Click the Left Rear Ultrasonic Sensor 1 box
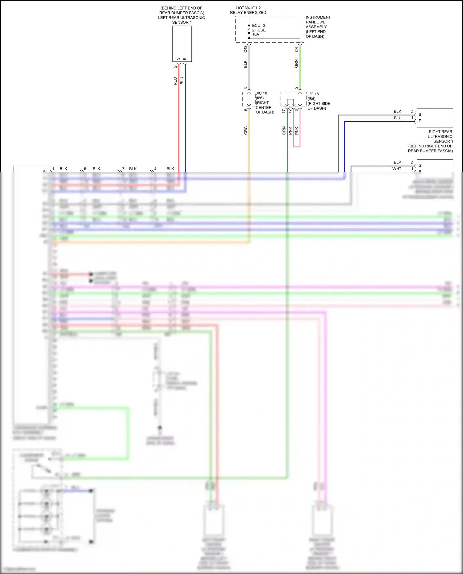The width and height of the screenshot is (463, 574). tap(182, 43)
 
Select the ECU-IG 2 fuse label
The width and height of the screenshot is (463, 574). tap(259, 30)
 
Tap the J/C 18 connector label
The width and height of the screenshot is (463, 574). tap(261, 93)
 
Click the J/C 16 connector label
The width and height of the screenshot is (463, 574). tap(313, 94)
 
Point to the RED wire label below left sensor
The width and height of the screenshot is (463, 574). tap(175, 81)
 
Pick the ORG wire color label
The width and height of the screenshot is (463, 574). tap(246, 130)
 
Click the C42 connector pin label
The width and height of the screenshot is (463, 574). tap(245, 49)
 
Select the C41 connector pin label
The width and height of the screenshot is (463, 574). tap(296, 48)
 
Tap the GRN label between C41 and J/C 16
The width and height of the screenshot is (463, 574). tap(296, 64)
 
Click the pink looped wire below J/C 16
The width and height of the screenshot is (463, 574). tap(297, 146)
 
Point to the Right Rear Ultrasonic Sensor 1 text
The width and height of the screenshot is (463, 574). tap(440, 136)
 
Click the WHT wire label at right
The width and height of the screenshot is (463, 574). tap(397, 169)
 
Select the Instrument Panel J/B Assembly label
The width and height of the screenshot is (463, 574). tap(318, 27)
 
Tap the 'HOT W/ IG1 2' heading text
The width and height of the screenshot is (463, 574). tap(248, 8)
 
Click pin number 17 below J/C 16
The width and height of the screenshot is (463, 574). tap(283, 111)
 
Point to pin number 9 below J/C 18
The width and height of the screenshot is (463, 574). tap(245, 110)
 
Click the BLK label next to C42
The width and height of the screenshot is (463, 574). tap(245, 64)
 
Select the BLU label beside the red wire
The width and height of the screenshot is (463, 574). tap(181, 81)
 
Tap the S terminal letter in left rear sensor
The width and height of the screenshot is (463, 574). tap(178, 59)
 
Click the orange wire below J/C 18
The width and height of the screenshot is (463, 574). tap(249, 148)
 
